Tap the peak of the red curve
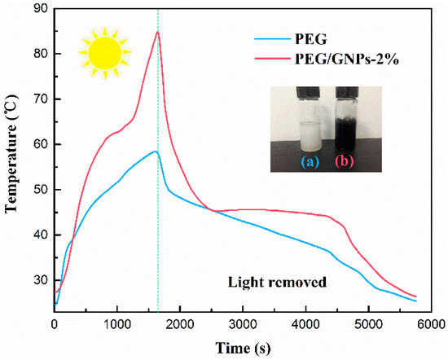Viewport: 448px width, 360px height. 157,32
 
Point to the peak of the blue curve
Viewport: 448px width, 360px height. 154,151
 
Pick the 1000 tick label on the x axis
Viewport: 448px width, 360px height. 117,324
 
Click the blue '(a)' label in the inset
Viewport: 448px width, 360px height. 310,161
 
